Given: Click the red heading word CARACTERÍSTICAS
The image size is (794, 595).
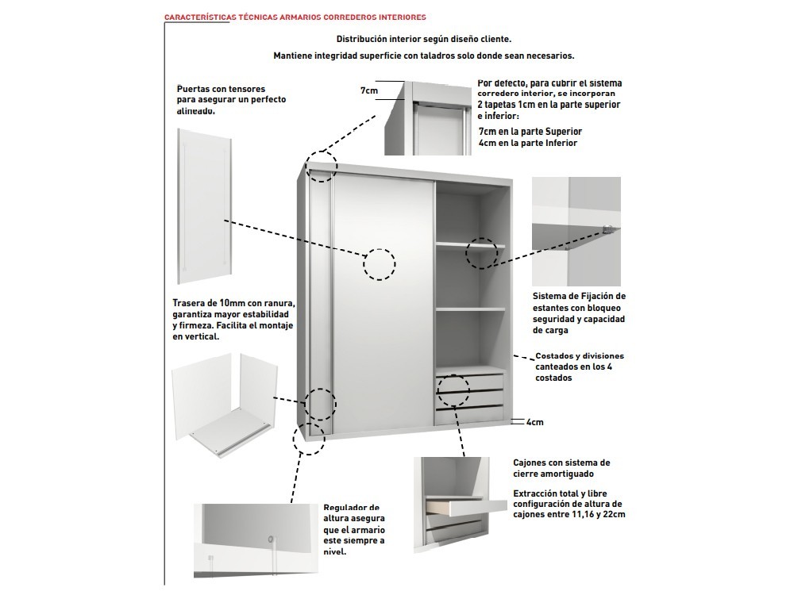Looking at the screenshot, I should tap(198, 17).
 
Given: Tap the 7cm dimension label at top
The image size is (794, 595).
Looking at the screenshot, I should tap(368, 91).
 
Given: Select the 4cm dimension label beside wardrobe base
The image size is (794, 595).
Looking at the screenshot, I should tap(534, 422).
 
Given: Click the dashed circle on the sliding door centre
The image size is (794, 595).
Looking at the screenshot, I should tap(380, 263).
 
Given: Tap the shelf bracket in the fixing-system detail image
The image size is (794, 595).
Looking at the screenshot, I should tap(607, 229).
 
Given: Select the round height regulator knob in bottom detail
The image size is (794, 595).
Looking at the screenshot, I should tap(272, 540).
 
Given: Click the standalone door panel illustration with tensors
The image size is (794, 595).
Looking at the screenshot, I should tap(204, 206).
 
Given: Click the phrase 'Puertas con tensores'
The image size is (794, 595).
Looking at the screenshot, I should tap(221, 89).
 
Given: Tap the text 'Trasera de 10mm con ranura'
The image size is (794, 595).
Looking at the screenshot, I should tap(233, 303).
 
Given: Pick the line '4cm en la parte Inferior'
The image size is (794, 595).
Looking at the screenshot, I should tap(527, 143).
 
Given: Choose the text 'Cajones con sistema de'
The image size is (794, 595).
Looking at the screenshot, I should tap(561, 463).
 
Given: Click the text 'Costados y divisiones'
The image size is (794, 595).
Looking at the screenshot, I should tap(580, 356).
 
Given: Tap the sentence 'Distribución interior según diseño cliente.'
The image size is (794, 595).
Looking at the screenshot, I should tap(424, 38).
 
